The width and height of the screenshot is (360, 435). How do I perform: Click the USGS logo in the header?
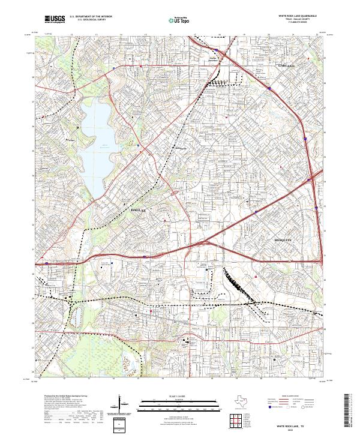tap(55, 20)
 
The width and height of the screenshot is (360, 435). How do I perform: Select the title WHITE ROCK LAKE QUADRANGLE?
tap(298, 16)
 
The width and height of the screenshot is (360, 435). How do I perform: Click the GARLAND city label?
tap(287, 62)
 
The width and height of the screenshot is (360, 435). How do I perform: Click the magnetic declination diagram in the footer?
tap(122, 405)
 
